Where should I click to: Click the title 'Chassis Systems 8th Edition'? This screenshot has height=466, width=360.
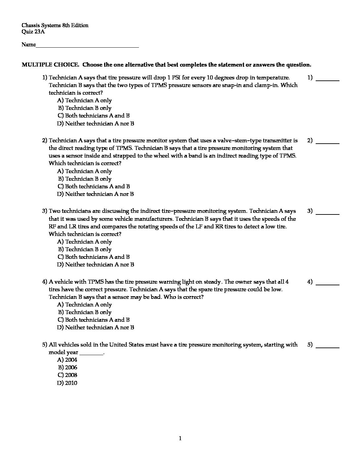pos(55,25)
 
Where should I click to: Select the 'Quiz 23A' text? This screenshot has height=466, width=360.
pos(33,32)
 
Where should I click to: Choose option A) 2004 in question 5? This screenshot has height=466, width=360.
pos(67,360)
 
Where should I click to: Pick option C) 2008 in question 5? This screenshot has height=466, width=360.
pos(67,375)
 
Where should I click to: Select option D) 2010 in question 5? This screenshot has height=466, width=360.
pos(67,383)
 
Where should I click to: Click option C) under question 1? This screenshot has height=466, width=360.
pos(93,116)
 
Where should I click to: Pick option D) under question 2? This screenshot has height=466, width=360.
pos(95,194)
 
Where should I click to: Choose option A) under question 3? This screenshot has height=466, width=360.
pos(84,242)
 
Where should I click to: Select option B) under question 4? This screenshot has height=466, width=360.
pos(85,312)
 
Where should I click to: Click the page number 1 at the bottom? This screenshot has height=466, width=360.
pos(180,439)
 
